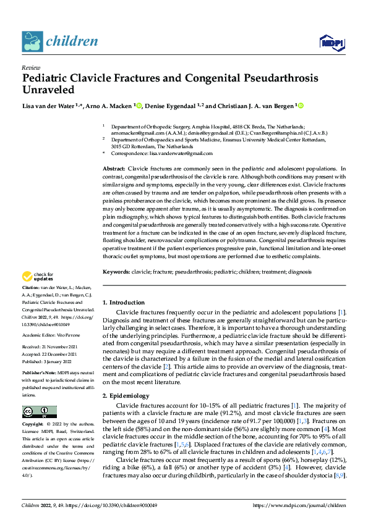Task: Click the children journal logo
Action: point(59,41)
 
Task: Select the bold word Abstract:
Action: point(113,169)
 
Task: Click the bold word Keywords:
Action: point(116,271)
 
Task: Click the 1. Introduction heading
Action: point(123,303)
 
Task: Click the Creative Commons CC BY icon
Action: point(36,411)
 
